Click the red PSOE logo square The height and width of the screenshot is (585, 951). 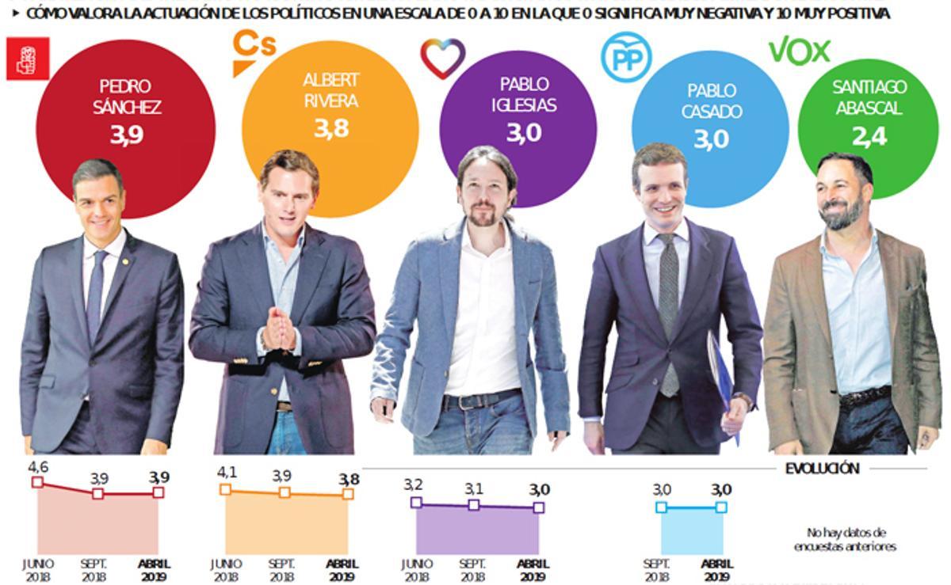click(28, 59)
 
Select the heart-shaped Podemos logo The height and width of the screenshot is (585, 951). click(442, 58)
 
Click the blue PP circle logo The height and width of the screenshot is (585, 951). click(625, 57)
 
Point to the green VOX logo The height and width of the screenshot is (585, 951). click(799, 51)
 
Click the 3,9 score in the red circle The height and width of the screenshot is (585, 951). click(126, 135)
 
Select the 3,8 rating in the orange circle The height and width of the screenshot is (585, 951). click(330, 128)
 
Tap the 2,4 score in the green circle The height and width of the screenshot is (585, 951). click(870, 139)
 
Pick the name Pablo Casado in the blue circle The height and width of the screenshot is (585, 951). click(712, 101)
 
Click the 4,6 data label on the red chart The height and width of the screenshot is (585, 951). click(38, 467)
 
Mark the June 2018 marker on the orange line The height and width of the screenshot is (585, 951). click(226, 489)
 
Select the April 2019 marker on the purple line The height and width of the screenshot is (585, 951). click(539, 507)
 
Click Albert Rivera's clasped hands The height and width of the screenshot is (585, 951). click(278, 329)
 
